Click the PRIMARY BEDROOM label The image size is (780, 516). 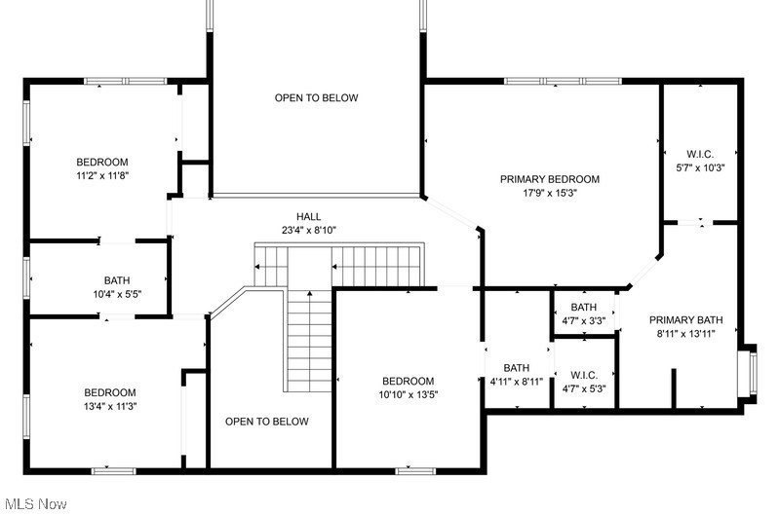click(x=550, y=179)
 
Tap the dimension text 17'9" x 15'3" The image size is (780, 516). click(x=549, y=193)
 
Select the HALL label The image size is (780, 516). click(x=309, y=216)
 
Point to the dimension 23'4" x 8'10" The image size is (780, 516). click(x=309, y=231)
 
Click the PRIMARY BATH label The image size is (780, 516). click(x=686, y=320)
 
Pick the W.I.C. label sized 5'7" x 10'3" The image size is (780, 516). click(x=700, y=154)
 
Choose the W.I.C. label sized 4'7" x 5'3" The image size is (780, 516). click(x=584, y=375)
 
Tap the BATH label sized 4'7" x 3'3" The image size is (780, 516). click(x=584, y=308)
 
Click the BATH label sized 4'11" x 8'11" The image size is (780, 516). click(x=517, y=368)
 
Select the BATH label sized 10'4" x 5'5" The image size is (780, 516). click(x=117, y=280)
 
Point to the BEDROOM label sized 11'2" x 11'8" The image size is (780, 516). click(x=102, y=162)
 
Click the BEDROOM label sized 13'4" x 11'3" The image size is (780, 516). click(x=110, y=392)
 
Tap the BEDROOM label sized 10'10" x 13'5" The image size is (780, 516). click(x=408, y=381)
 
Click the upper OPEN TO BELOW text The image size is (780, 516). click(x=316, y=97)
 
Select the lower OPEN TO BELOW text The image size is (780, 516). click(x=267, y=422)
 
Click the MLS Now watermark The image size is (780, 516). click(x=36, y=504)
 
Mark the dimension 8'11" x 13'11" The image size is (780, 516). click(x=686, y=334)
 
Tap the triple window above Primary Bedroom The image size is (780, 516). click(x=563, y=81)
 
